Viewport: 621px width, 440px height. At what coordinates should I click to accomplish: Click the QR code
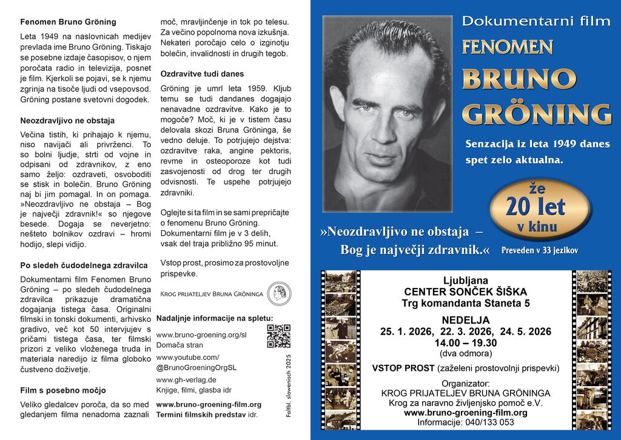(278, 336)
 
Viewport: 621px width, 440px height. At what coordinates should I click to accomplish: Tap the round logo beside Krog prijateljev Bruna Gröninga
(279, 293)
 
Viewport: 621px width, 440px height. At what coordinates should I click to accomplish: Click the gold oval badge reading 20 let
(537, 208)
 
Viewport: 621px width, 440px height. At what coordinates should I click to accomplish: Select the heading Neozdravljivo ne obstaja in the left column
(67, 121)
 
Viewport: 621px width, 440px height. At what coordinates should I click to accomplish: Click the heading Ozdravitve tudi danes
(202, 74)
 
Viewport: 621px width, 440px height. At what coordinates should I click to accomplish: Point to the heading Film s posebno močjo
(63, 390)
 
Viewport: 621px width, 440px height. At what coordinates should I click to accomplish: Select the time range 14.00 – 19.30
(465, 342)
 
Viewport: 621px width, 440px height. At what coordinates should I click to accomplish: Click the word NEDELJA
(465, 320)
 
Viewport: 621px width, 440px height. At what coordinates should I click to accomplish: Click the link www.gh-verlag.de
(186, 380)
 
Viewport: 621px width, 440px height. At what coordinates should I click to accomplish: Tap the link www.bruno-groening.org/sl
(201, 335)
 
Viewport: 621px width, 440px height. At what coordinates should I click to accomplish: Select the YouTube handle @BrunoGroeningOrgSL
(196, 367)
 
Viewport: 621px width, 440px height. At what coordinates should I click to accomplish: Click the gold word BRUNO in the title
(519, 79)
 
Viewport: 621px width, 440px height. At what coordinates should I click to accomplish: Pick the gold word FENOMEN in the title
(507, 47)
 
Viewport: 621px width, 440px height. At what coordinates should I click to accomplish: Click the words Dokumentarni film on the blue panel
(536, 21)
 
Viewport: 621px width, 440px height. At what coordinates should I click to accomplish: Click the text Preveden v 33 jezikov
(540, 250)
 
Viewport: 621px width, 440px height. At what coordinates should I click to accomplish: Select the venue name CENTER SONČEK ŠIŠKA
(465, 292)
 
